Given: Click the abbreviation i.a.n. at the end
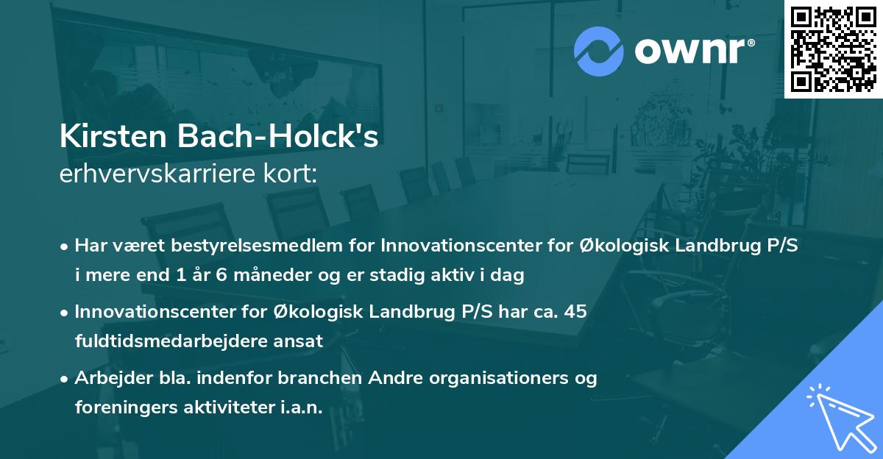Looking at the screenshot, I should (x=301, y=408).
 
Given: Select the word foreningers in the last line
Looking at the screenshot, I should (x=117, y=408).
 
